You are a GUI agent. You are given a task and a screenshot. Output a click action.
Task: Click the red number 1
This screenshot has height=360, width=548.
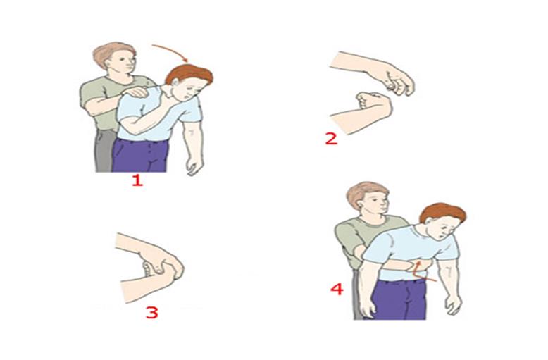(137, 180)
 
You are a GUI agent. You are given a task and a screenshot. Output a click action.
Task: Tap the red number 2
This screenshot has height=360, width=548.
(331, 137)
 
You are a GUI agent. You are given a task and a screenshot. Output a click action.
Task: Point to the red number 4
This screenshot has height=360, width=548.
(337, 289)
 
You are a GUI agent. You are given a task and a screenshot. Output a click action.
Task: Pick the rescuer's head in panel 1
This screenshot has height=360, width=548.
(114, 60)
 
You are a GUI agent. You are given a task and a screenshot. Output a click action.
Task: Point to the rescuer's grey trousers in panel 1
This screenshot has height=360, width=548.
(103, 151)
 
